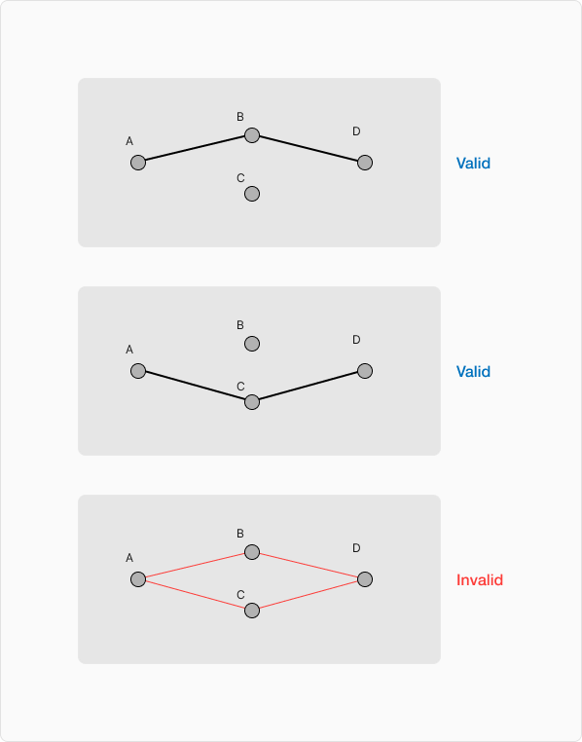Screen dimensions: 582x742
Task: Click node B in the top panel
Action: pyautogui.click(x=252, y=135)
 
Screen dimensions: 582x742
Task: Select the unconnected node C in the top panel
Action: pyautogui.click(x=252, y=194)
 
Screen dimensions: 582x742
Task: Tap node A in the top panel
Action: pyautogui.click(x=138, y=163)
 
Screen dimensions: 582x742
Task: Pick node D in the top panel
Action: pyautogui.click(x=365, y=163)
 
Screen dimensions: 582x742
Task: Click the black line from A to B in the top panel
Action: pyautogui.click(x=195, y=149)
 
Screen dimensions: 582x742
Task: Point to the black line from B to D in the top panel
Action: pyautogui.click(x=309, y=149)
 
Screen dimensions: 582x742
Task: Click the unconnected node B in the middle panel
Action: pyautogui.click(x=252, y=344)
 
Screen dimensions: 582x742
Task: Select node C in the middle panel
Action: pyautogui.click(x=252, y=402)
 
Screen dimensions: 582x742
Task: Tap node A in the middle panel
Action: pyautogui.click(x=138, y=371)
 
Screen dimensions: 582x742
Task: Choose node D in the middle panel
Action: pyautogui.click(x=365, y=371)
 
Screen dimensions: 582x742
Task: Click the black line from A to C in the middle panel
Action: pyautogui.click(x=195, y=387)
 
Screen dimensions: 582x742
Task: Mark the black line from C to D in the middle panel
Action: pyautogui.click(x=309, y=387)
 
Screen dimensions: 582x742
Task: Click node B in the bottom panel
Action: pyautogui.click(x=252, y=552)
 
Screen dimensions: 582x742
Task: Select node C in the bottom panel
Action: pyautogui.click(x=252, y=611)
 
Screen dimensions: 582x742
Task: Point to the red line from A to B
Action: pyautogui.click(x=195, y=566)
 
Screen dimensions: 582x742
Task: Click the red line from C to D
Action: pyautogui.click(x=309, y=595)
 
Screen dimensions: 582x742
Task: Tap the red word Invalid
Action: pyautogui.click(x=480, y=579)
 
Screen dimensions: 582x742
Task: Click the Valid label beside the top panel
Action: pyautogui.click(x=473, y=164)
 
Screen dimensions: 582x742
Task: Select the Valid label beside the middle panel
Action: pyautogui.click(x=473, y=371)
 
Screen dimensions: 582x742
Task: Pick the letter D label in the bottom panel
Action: pyautogui.click(x=356, y=548)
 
